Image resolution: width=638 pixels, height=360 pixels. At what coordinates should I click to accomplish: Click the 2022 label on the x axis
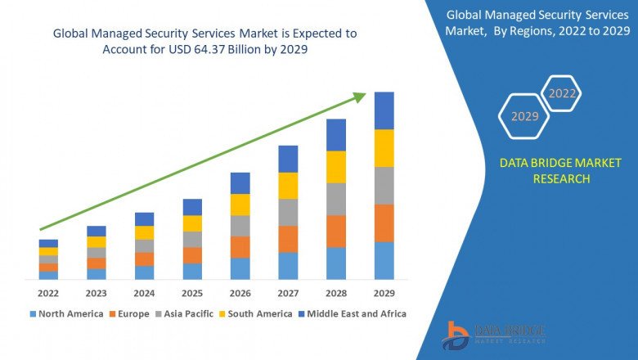click(48, 293)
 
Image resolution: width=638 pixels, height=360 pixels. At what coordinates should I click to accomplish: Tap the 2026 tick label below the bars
click(240, 293)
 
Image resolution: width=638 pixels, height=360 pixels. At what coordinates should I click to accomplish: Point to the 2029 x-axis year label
click(384, 293)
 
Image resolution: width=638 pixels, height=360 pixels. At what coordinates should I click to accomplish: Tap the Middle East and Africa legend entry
click(357, 313)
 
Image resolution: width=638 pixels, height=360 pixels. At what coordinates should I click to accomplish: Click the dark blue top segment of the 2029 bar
click(384, 110)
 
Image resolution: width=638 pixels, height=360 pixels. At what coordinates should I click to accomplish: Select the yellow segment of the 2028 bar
click(336, 167)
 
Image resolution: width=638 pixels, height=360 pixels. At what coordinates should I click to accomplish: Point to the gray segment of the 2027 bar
click(288, 212)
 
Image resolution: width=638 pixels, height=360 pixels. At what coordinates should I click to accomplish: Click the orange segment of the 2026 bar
click(240, 247)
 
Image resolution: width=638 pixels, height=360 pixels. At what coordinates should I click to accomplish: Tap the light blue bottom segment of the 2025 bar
click(192, 271)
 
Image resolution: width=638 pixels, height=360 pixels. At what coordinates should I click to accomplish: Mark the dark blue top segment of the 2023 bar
click(97, 231)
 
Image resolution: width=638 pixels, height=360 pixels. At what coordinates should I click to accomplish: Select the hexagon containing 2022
click(562, 94)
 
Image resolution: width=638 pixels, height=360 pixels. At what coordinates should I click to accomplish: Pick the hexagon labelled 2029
click(524, 117)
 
